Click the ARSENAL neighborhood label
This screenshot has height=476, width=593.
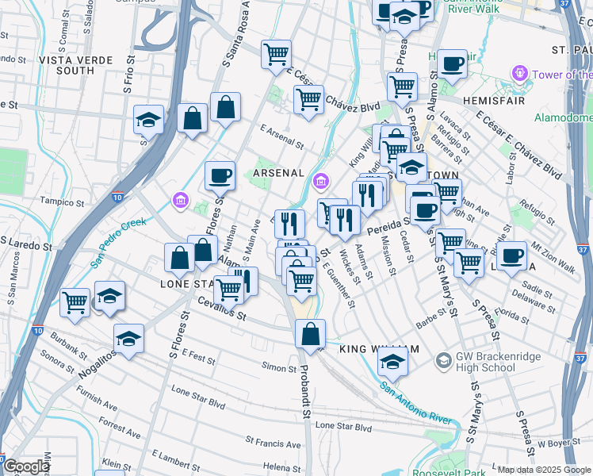[x=278, y=173]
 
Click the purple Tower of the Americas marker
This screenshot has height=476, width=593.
[x=520, y=75]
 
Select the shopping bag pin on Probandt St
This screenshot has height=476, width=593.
[x=310, y=334]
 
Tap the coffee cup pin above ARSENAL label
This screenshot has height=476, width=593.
[x=220, y=175]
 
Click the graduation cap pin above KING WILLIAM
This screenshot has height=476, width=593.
[x=392, y=363]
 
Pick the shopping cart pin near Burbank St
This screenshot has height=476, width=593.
[x=75, y=302]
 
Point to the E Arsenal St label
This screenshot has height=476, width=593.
[x=282, y=139]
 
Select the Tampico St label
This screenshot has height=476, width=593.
[x=62, y=200]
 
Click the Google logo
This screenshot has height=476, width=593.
[x=26, y=466]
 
